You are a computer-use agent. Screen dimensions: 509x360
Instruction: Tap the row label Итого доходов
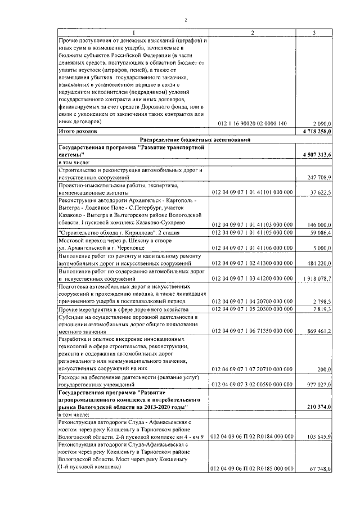point(78,130)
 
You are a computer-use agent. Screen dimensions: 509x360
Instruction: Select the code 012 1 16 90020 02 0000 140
point(251,123)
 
